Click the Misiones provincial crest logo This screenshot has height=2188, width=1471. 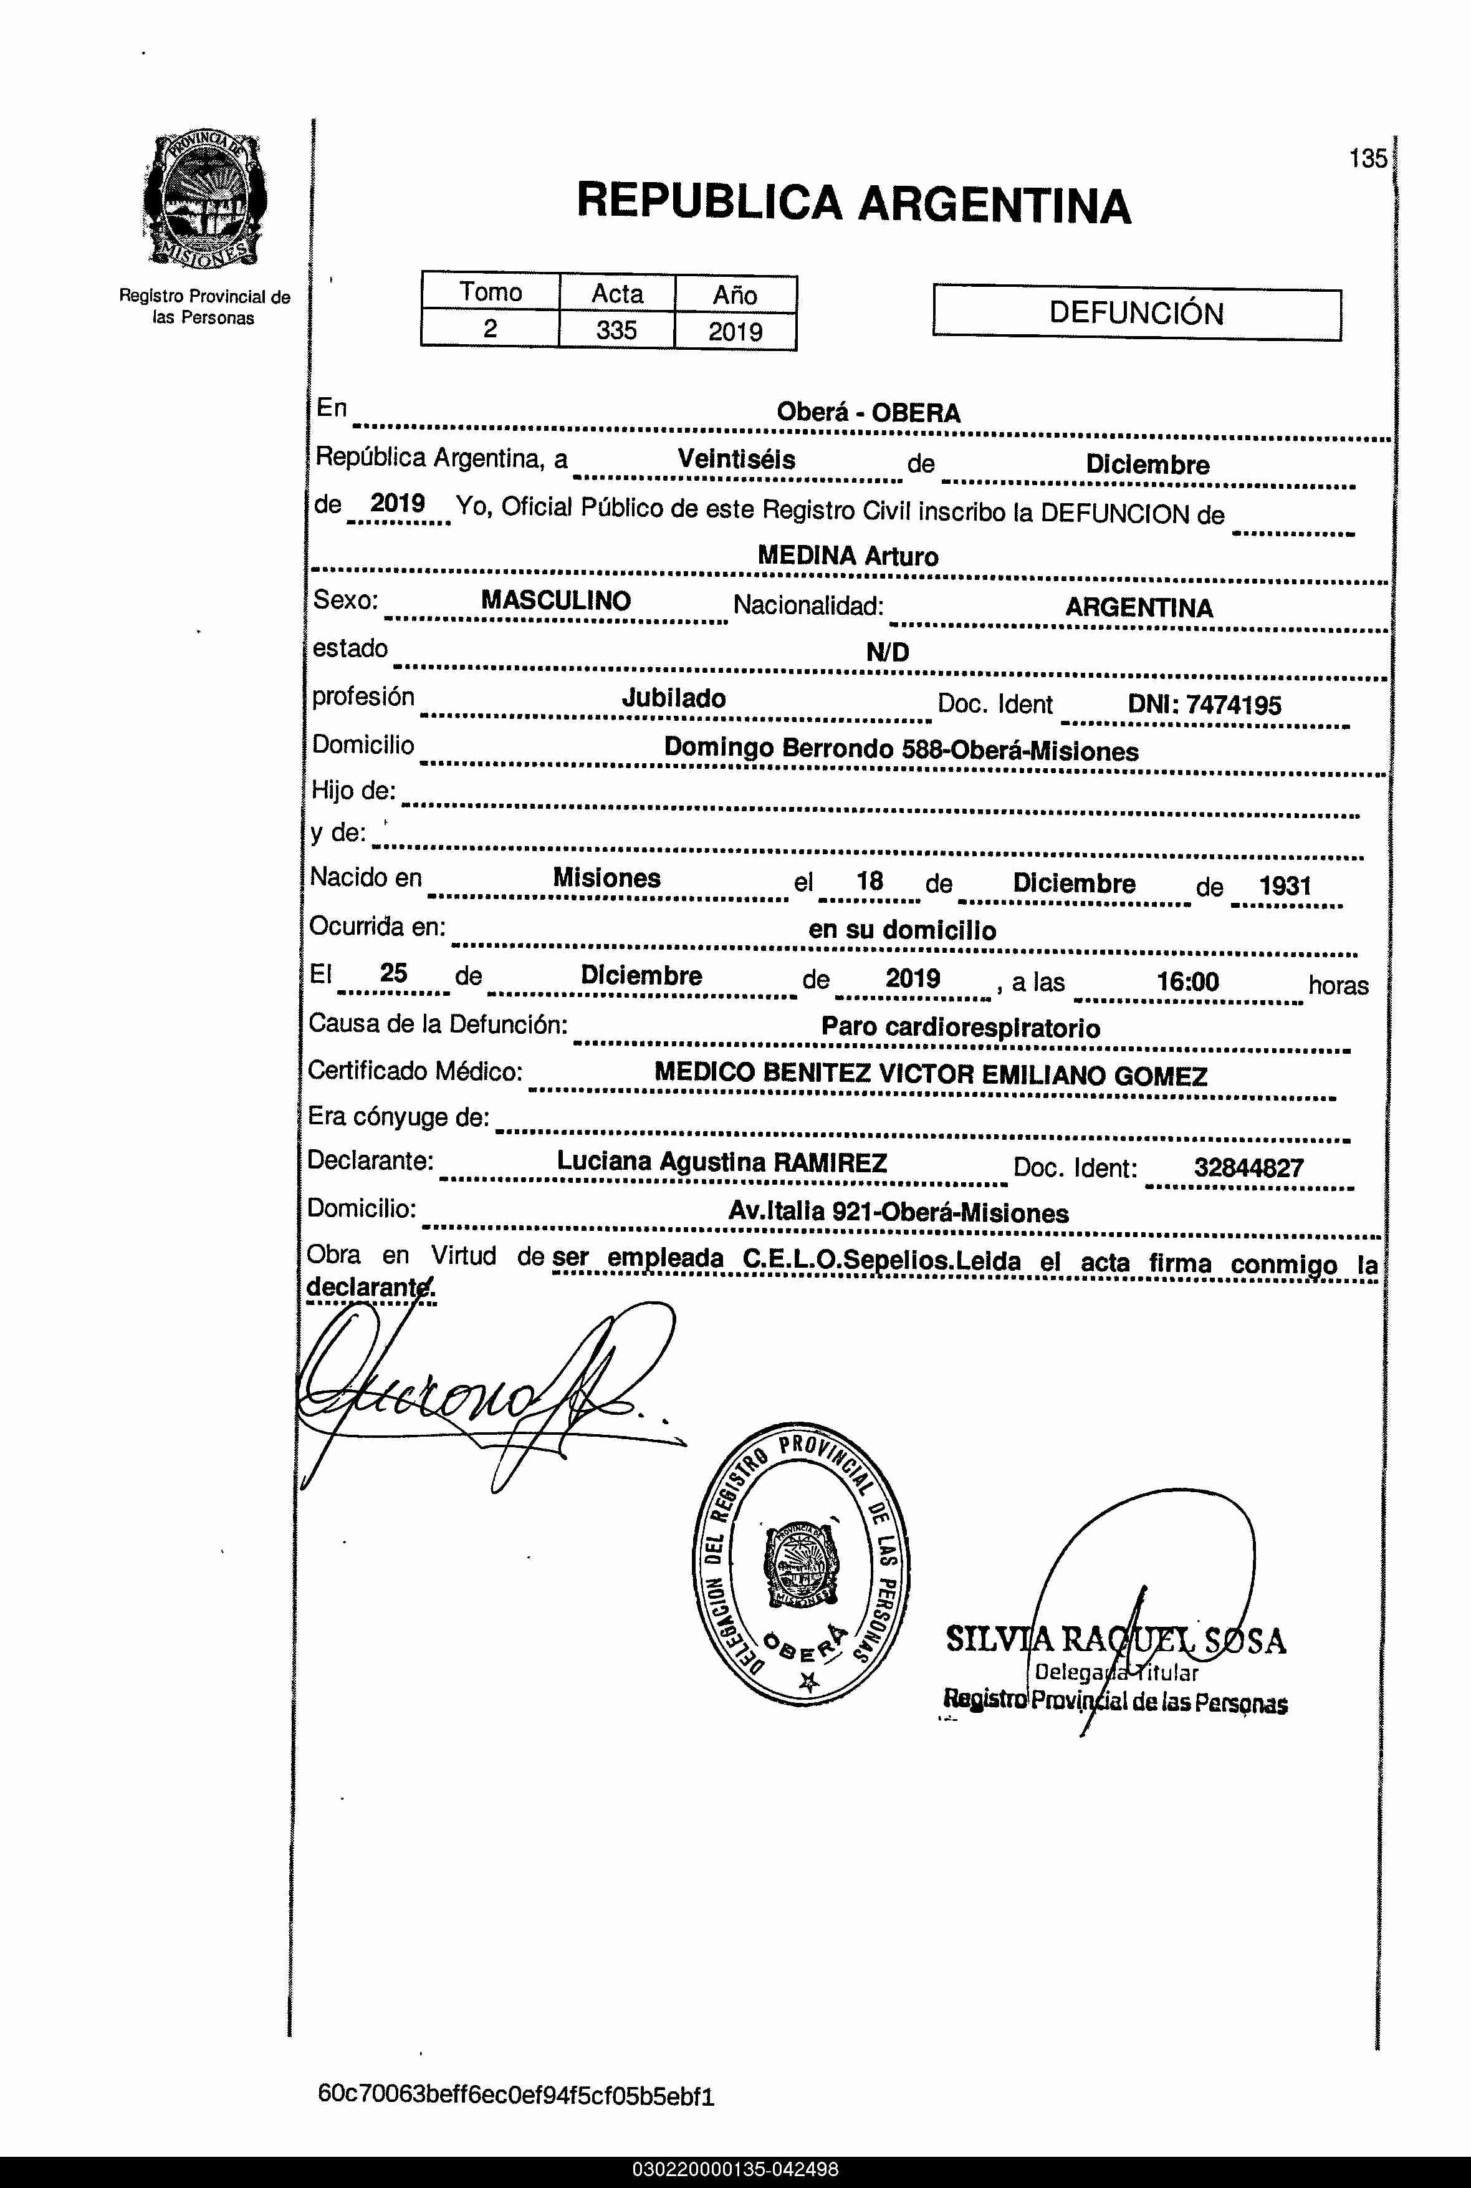point(204,201)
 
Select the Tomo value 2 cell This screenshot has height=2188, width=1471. point(490,329)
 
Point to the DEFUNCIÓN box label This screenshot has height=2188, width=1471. point(1136,314)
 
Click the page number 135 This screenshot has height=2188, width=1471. point(1368,158)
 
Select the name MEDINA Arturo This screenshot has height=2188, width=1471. point(847,556)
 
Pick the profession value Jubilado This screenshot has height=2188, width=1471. point(674,698)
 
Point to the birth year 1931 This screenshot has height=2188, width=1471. point(1284,885)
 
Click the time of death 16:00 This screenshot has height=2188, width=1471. point(1187,982)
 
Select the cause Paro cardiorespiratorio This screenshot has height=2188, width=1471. point(960,1028)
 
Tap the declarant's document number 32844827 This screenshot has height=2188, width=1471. point(1248,1168)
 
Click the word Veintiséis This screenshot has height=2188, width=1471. point(737,460)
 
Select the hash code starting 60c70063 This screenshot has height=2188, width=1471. point(516,2089)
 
